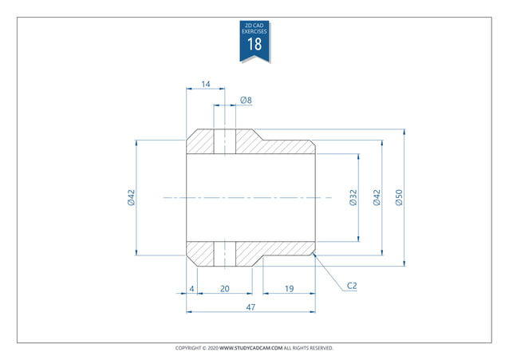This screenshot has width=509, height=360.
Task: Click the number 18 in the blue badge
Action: [254, 44]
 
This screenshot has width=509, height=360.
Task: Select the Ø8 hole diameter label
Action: [246, 101]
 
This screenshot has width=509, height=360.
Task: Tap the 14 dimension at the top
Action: [205, 84]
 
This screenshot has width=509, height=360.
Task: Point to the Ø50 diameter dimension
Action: [399, 198]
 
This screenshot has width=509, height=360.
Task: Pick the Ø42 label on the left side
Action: [132, 198]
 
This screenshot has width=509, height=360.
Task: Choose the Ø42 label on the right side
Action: [377, 198]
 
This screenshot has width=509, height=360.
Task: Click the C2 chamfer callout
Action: [352, 285]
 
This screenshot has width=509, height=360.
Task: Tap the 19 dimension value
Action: [289, 287]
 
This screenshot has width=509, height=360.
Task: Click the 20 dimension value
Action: [225, 287]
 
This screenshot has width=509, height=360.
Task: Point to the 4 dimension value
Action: [191, 287]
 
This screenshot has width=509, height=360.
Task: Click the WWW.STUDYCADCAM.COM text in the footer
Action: [251, 348]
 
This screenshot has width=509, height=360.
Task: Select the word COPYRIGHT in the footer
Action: [189, 348]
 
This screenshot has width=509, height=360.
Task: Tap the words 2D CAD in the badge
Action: [254, 26]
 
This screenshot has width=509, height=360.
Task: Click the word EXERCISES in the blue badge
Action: [254, 31]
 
